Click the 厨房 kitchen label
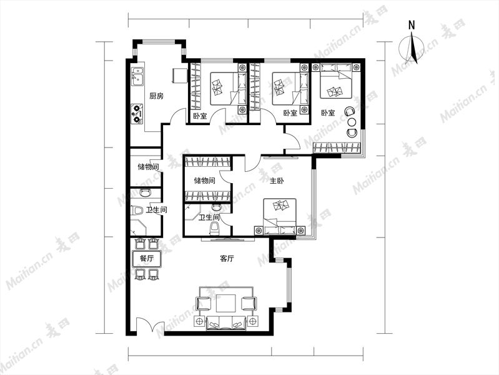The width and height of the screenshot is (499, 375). point(156,96)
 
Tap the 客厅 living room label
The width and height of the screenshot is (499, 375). point(227,258)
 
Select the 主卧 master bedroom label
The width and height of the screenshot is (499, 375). point(277,181)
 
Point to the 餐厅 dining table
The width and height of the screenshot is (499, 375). point(146,258)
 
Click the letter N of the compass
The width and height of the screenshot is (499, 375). point(412,25)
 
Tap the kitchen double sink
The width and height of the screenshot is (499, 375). point(137,77)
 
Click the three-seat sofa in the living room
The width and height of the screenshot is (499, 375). point(226,322)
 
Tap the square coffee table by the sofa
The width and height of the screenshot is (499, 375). point(226,303)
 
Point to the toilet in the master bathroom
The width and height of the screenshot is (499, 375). point(215,229)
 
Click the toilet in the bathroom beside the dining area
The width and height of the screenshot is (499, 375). point(137,210)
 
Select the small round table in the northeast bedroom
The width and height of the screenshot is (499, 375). point(352,122)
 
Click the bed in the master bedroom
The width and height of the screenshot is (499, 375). point(280,217)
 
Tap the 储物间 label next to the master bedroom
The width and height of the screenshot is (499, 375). point(205,181)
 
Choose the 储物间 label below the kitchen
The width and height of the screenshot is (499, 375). point(148,167)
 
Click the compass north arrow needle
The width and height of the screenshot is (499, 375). point(413,47)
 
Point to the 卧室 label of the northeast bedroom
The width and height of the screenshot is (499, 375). point(328,112)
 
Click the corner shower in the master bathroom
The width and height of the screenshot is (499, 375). point(192,214)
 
